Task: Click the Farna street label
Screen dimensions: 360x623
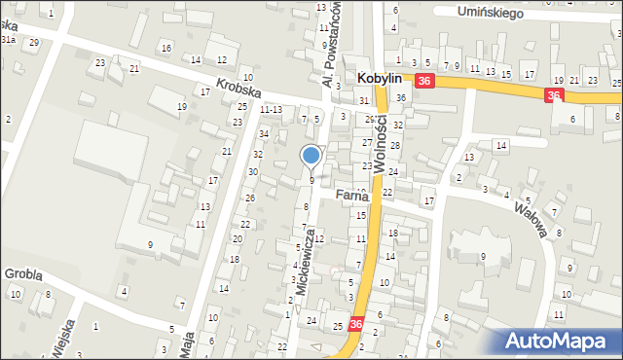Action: point(350,196)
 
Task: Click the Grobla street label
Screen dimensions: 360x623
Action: point(23,274)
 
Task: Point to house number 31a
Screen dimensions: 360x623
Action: point(8,40)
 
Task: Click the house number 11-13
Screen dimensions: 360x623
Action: point(272,110)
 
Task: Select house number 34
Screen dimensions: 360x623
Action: point(264,133)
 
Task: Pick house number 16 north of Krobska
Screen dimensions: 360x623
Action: point(166,49)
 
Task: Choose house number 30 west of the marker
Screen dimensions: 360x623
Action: point(253,172)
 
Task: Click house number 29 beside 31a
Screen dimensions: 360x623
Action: point(34,43)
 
